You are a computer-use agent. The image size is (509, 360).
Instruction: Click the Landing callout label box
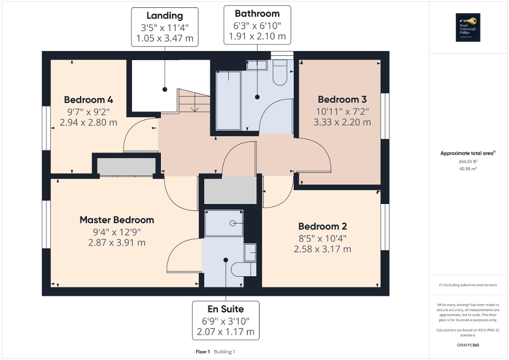tap(165, 27)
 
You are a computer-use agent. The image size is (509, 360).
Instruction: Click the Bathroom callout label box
tap(257, 25)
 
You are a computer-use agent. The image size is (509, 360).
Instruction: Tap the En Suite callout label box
tap(225, 320)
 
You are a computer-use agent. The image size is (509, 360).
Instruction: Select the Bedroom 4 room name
tap(89, 100)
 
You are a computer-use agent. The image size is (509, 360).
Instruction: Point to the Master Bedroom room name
tap(117, 220)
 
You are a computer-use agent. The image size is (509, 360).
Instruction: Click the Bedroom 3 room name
tap(342, 100)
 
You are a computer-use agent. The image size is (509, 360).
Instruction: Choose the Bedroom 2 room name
tap(322, 226)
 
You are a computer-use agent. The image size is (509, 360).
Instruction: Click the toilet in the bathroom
tap(280, 73)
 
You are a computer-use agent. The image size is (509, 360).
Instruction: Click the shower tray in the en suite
tap(224, 223)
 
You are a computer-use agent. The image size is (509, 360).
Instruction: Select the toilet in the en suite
tap(244, 269)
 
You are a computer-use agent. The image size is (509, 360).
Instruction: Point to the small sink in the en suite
tap(251, 252)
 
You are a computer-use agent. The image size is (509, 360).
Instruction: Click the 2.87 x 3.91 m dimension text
tap(117, 243)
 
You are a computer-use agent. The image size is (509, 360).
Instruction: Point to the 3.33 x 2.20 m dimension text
tap(342, 122)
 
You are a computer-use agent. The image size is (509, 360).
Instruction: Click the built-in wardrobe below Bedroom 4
tap(127, 167)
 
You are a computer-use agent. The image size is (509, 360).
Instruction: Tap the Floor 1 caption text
tap(203, 352)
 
